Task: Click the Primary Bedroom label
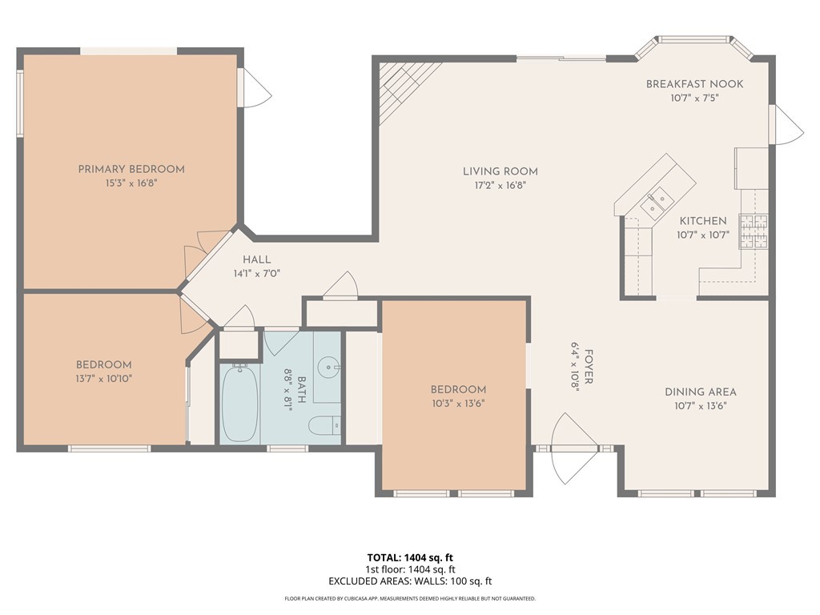(131, 169)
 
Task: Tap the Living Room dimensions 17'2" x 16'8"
(500, 185)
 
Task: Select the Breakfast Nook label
(694, 84)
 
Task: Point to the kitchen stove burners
(753, 231)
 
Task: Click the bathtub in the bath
(239, 404)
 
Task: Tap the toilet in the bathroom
(324, 426)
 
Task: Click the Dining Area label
(700, 392)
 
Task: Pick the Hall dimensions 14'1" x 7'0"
(256, 273)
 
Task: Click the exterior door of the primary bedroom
(255, 88)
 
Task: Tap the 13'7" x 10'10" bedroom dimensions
(103, 378)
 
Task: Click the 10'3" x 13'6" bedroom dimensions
(458, 403)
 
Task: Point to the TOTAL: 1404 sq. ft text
(409, 557)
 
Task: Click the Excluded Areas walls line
(409, 581)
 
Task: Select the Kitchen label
(702, 221)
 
